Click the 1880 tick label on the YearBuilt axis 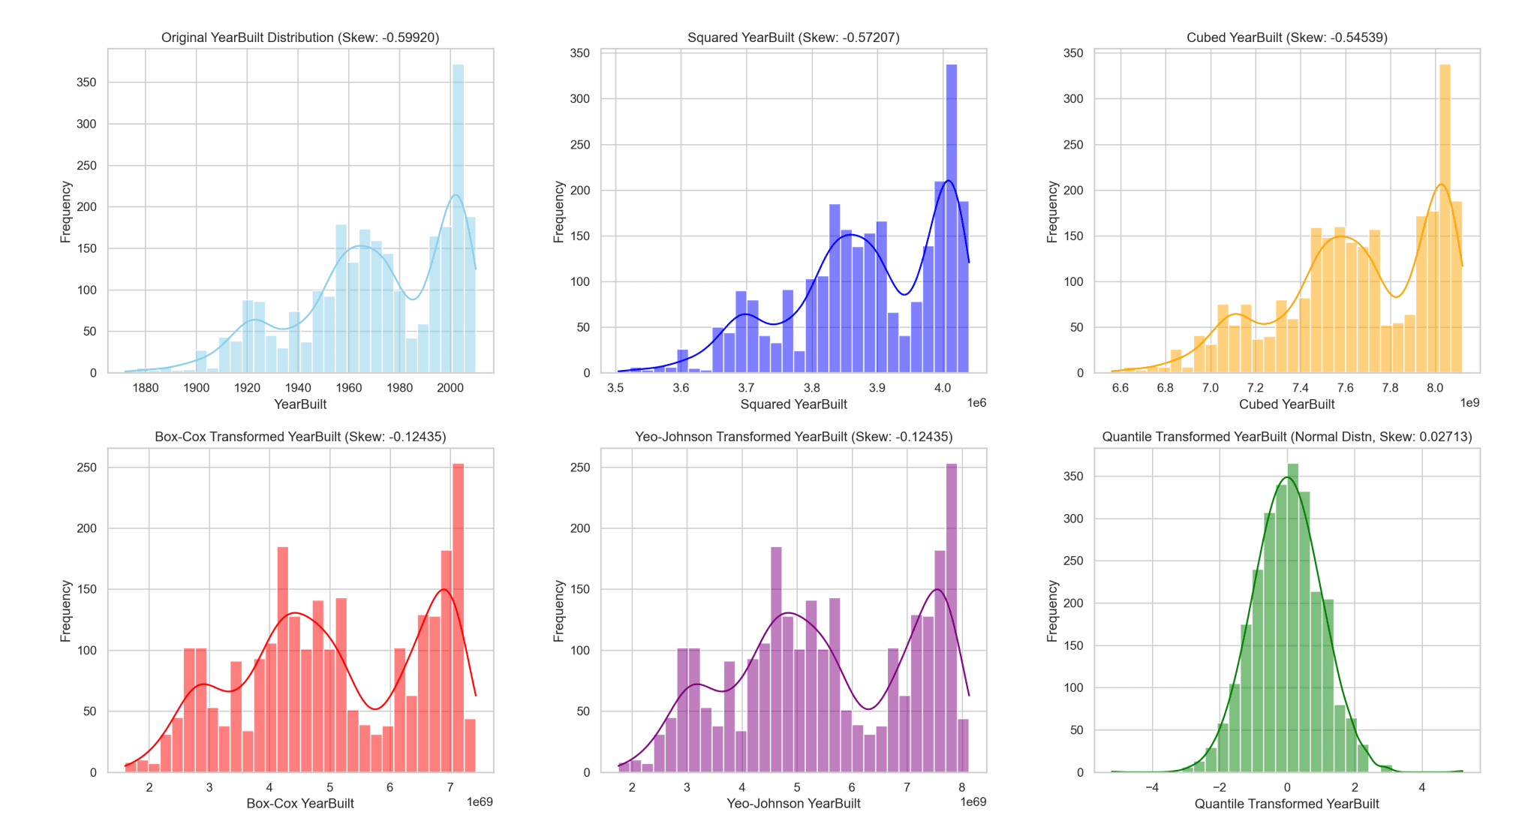point(146,388)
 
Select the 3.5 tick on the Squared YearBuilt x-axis point(615,388)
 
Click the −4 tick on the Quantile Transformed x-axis point(1152,787)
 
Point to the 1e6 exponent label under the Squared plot point(976,403)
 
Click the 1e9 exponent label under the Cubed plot point(1469,403)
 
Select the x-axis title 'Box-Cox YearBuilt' point(300,804)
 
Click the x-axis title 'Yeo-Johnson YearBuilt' point(793,804)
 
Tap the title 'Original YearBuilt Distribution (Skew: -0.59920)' point(300,38)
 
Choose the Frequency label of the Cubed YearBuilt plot point(1052,212)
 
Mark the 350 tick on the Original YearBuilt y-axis point(87,83)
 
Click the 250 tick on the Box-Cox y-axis point(87,468)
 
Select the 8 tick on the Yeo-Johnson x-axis point(961,787)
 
